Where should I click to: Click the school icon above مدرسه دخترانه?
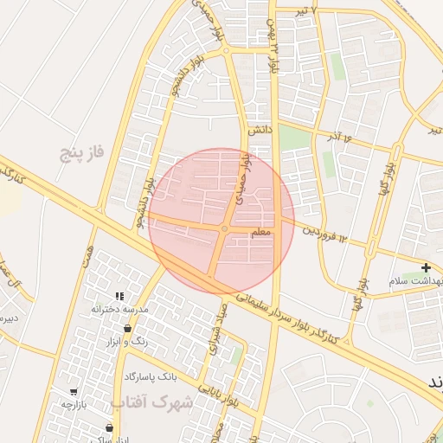(x=119, y=297)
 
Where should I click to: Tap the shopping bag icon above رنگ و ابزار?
(x=129, y=329)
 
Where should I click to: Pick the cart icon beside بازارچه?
(x=74, y=392)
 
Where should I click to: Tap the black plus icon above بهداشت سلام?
(x=426, y=268)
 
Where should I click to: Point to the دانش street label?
(x=260, y=131)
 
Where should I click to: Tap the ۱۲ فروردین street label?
(x=324, y=234)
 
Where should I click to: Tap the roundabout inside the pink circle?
(x=224, y=228)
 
